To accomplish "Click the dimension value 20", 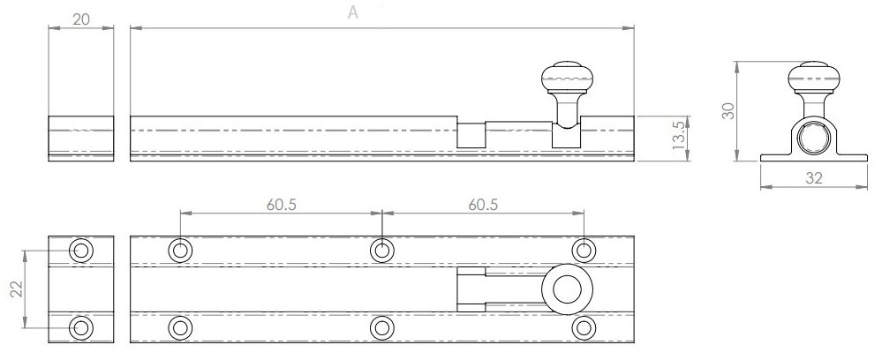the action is tap(81, 19).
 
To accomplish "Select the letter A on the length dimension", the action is tap(352, 12).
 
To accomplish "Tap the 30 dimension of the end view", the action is tap(728, 110).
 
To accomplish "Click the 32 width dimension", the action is tap(814, 178).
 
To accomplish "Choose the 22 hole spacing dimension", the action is tap(18, 289).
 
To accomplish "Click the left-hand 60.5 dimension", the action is tap(282, 205).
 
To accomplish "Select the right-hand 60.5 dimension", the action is tap(483, 205).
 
